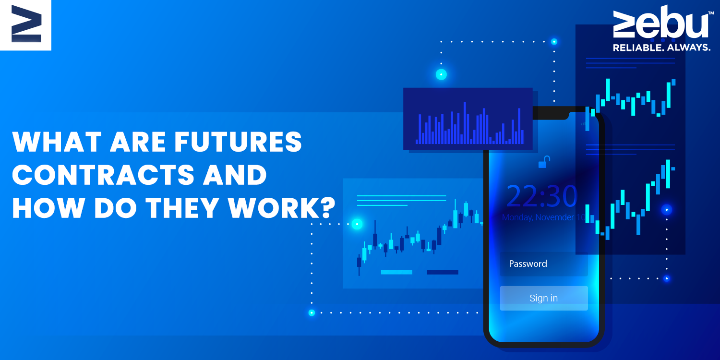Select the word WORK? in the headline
(x=282, y=208)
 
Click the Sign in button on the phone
(x=544, y=298)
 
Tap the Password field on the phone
(x=544, y=264)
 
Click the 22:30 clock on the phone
(x=542, y=196)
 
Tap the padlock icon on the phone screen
(x=544, y=162)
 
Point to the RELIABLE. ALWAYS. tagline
(x=661, y=48)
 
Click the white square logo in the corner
(x=26, y=25)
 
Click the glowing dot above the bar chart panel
(x=441, y=74)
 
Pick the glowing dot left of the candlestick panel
(x=357, y=224)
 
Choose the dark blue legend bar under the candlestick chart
(x=442, y=272)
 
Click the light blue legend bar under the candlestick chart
(x=396, y=272)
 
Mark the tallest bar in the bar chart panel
(x=465, y=123)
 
